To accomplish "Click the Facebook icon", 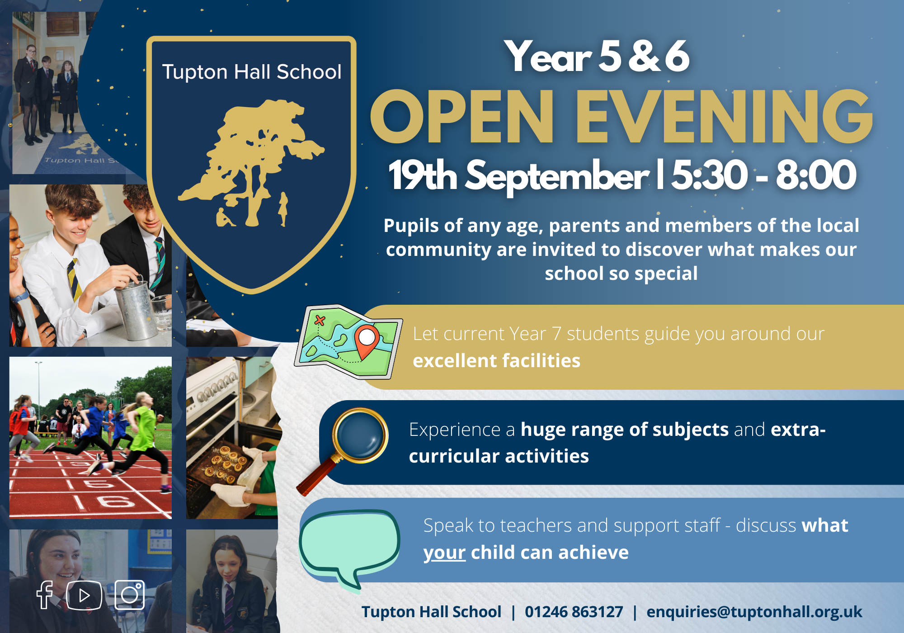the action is [x=45, y=595].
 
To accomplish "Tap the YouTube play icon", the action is [x=84, y=595].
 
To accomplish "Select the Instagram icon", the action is [x=130, y=595].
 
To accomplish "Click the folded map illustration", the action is [x=348, y=342].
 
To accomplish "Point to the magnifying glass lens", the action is [x=360, y=435].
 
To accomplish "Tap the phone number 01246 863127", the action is [x=574, y=612].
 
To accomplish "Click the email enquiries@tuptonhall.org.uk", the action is [x=754, y=612].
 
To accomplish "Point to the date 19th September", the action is [x=518, y=175].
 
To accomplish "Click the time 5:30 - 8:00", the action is [x=764, y=175].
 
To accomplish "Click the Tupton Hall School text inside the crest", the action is [x=252, y=72].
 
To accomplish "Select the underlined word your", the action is [x=444, y=553].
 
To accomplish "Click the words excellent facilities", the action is [x=496, y=361].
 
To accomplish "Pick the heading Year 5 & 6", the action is [x=597, y=57].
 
